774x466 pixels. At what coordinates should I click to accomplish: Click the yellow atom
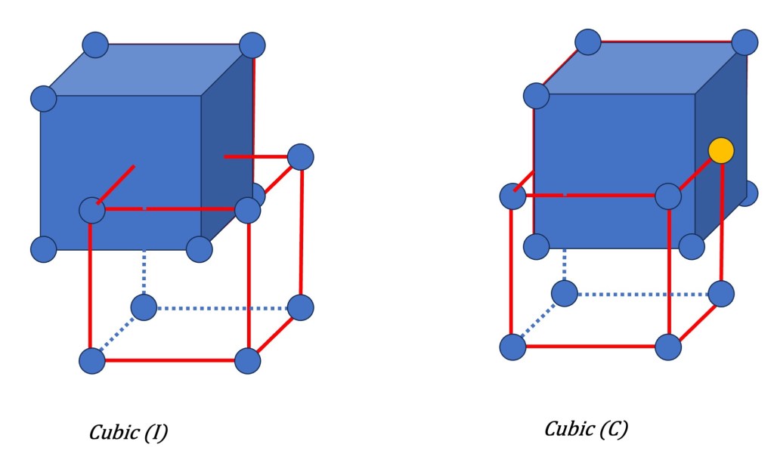click(x=721, y=150)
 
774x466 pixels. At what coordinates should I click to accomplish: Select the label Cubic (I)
click(x=128, y=433)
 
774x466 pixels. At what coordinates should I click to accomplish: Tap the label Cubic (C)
click(x=586, y=429)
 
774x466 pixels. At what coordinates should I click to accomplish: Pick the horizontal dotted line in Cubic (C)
click(x=642, y=294)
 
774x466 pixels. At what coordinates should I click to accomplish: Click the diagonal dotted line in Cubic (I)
click(x=118, y=334)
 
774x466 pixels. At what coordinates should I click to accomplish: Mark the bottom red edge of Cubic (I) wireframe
click(x=170, y=360)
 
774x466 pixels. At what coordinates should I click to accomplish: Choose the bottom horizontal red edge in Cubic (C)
click(x=590, y=347)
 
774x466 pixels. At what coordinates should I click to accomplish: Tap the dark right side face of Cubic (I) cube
click(x=227, y=151)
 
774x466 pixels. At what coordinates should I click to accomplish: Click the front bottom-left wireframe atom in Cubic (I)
click(x=92, y=360)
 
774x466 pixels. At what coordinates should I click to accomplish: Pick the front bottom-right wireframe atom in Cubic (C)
click(x=668, y=347)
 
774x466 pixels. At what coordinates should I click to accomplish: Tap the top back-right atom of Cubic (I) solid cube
click(x=252, y=45)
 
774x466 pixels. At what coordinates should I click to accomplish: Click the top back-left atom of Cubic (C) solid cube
click(x=587, y=42)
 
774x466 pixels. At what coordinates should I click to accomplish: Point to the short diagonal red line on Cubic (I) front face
click(x=117, y=183)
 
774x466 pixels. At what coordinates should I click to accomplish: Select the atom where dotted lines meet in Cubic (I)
click(x=144, y=307)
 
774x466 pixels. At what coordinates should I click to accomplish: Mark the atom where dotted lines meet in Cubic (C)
click(x=564, y=293)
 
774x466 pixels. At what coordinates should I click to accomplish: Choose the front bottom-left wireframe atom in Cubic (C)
click(x=512, y=347)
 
